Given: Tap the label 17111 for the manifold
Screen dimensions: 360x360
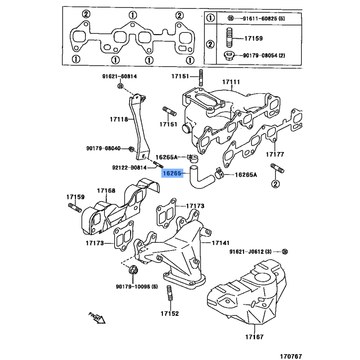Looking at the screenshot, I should [x=231, y=82].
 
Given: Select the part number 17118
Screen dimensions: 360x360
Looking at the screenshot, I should [x=118, y=119].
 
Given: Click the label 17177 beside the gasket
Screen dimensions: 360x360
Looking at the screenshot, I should [x=274, y=154].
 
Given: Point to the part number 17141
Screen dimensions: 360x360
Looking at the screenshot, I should [x=220, y=243].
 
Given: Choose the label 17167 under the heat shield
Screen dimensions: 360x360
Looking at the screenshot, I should [x=254, y=337].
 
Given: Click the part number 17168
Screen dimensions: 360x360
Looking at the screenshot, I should [x=107, y=191].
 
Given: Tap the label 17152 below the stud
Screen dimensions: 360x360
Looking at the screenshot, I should [x=170, y=313].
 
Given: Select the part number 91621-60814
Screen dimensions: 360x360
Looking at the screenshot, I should [x=119, y=76].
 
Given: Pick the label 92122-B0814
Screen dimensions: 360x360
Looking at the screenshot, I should [x=129, y=168].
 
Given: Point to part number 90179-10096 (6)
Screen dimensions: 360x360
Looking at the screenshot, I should [x=137, y=287].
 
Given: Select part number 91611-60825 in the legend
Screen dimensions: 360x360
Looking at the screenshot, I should [x=257, y=18].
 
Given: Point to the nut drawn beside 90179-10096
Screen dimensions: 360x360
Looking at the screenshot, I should [x=132, y=270].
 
